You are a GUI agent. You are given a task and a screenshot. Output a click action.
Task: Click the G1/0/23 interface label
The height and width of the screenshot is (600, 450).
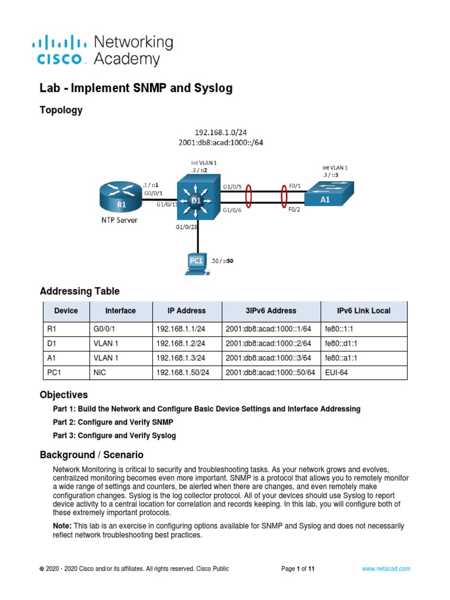tap(186, 226)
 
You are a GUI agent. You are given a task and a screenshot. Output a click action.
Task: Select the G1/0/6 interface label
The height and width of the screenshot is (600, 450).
tap(233, 210)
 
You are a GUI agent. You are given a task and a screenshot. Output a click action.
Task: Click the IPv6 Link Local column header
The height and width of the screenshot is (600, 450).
tap(363, 311)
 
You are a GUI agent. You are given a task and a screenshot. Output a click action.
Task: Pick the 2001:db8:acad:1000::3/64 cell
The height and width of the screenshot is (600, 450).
tap(268, 357)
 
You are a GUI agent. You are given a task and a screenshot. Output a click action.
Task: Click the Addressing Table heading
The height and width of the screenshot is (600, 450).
tap(80, 291)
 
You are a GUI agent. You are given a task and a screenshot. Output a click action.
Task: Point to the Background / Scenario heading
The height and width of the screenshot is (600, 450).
tap(91, 455)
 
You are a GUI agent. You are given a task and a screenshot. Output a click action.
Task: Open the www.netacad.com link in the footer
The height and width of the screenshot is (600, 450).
tap(386, 568)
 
